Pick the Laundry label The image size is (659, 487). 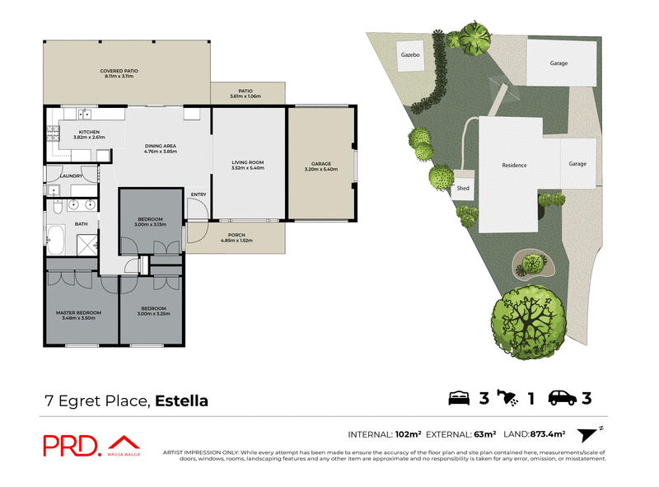69,176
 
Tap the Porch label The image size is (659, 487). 237,238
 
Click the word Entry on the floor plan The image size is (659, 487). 199,194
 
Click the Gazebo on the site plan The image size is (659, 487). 410,55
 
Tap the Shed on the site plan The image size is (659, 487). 463,188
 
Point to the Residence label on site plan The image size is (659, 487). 514,165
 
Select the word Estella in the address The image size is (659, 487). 181,401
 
